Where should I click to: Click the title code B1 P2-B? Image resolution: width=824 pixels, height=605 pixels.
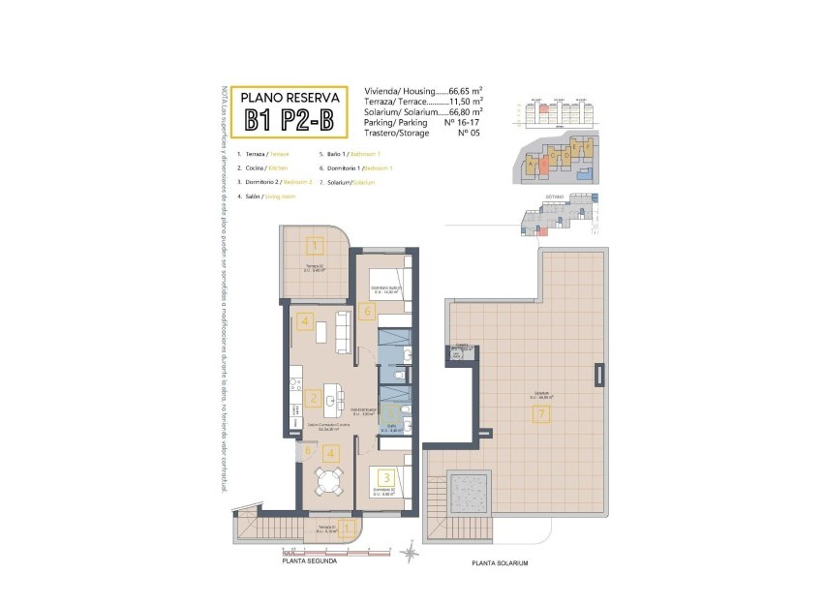coord(290,120)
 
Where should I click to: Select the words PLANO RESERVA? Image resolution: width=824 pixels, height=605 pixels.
coord(290,97)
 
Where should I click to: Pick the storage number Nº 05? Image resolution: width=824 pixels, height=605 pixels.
coord(469,134)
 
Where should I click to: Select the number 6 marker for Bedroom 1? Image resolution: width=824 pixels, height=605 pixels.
coord(366,312)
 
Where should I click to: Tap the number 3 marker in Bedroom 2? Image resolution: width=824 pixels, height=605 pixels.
coord(386,477)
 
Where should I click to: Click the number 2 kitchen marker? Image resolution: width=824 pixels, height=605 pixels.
coord(313,398)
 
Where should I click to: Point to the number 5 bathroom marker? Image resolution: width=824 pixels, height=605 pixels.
coord(391,410)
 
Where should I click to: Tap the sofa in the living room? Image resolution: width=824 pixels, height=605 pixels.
coord(343,331)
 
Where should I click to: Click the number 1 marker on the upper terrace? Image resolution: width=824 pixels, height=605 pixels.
coord(315,245)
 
